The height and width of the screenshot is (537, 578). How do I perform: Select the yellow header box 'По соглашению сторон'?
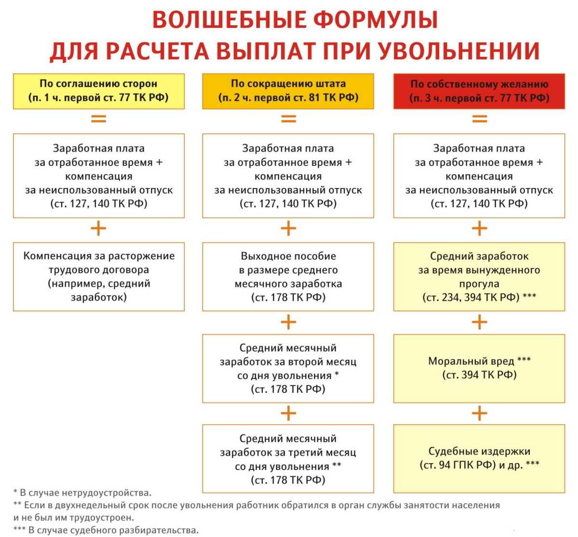point(98,91)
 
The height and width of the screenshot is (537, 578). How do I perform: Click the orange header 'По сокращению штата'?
point(288,91)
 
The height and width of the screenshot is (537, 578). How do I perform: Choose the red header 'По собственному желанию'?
point(479,91)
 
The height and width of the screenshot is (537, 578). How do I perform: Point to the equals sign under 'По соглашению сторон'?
point(98,118)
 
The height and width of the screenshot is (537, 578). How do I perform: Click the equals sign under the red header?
point(479,118)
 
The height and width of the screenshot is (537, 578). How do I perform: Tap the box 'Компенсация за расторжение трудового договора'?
point(98,276)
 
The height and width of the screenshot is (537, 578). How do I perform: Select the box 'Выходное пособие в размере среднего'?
point(288,276)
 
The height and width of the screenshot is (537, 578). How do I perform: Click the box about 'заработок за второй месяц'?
point(288,368)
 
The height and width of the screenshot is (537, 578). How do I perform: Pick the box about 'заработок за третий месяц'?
point(288,459)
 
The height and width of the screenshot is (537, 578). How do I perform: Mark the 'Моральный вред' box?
point(479,368)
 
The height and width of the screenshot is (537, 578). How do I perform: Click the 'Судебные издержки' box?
point(479,458)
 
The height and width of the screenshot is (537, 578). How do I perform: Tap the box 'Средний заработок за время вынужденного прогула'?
point(479,276)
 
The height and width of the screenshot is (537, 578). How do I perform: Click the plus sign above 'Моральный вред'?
point(479,322)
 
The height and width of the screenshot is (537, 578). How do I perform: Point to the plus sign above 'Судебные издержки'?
point(479,413)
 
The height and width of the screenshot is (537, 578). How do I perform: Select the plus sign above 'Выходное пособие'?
point(288,228)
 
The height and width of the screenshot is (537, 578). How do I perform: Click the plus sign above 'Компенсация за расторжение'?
point(98,228)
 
